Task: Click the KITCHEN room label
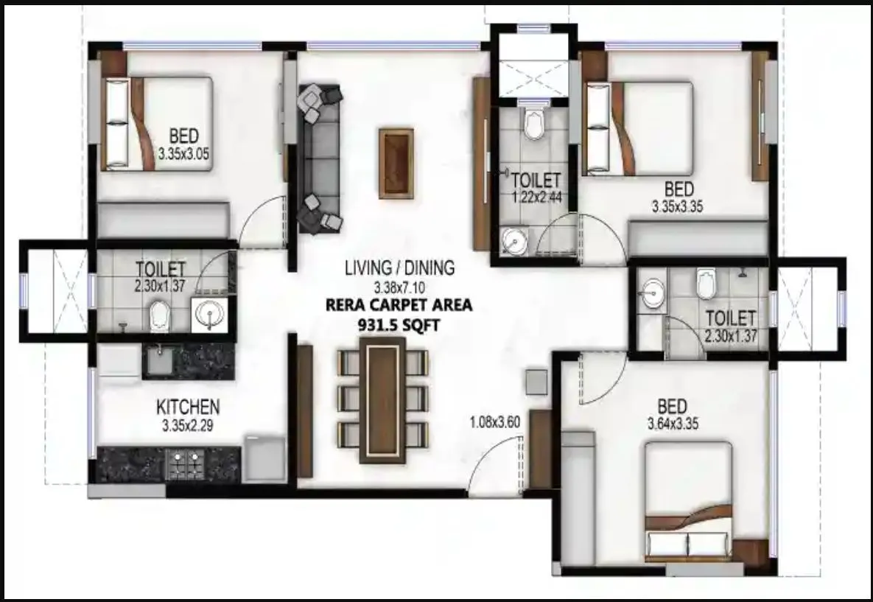[x=188, y=407]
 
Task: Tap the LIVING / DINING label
[x=400, y=267]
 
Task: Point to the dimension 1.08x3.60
[x=496, y=423]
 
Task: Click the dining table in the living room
[x=383, y=400]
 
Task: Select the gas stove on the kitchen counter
[x=185, y=463]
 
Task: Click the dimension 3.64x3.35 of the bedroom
[x=673, y=424]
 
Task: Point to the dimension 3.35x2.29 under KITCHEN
[x=188, y=424]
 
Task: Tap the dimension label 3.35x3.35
[x=678, y=207]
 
